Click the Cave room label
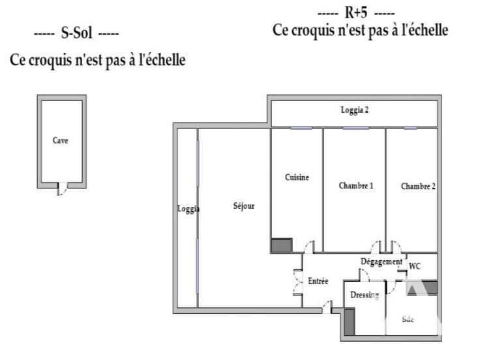coord(60,140)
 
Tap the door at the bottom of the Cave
coord(62,188)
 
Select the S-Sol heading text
coord(76,33)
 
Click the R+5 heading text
coord(356,13)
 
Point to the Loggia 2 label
coord(354,110)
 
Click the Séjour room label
coord(244,206)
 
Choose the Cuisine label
coord(297,177)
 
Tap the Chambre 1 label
coord(356,185)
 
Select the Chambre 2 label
coord(418,187)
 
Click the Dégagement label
coord(381,262)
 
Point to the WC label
coord(414,266)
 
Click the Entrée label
coord(318,281)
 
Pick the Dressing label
coord(365,295)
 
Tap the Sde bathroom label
coord(408,320)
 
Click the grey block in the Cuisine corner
coord(282,245)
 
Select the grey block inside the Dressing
coord(350,322)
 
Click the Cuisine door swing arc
coord(309,247)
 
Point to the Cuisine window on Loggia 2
coord(301,128)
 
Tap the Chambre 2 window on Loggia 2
coord(410,128)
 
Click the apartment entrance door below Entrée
coord(327,307)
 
